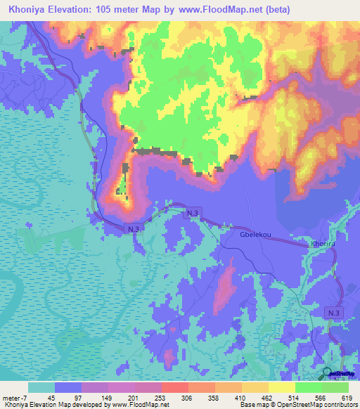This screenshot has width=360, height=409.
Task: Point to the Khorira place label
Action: pyautogui.click(x=323, y=244)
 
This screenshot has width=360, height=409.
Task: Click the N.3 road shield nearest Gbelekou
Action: pyautogui.click(x=192, y=212)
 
